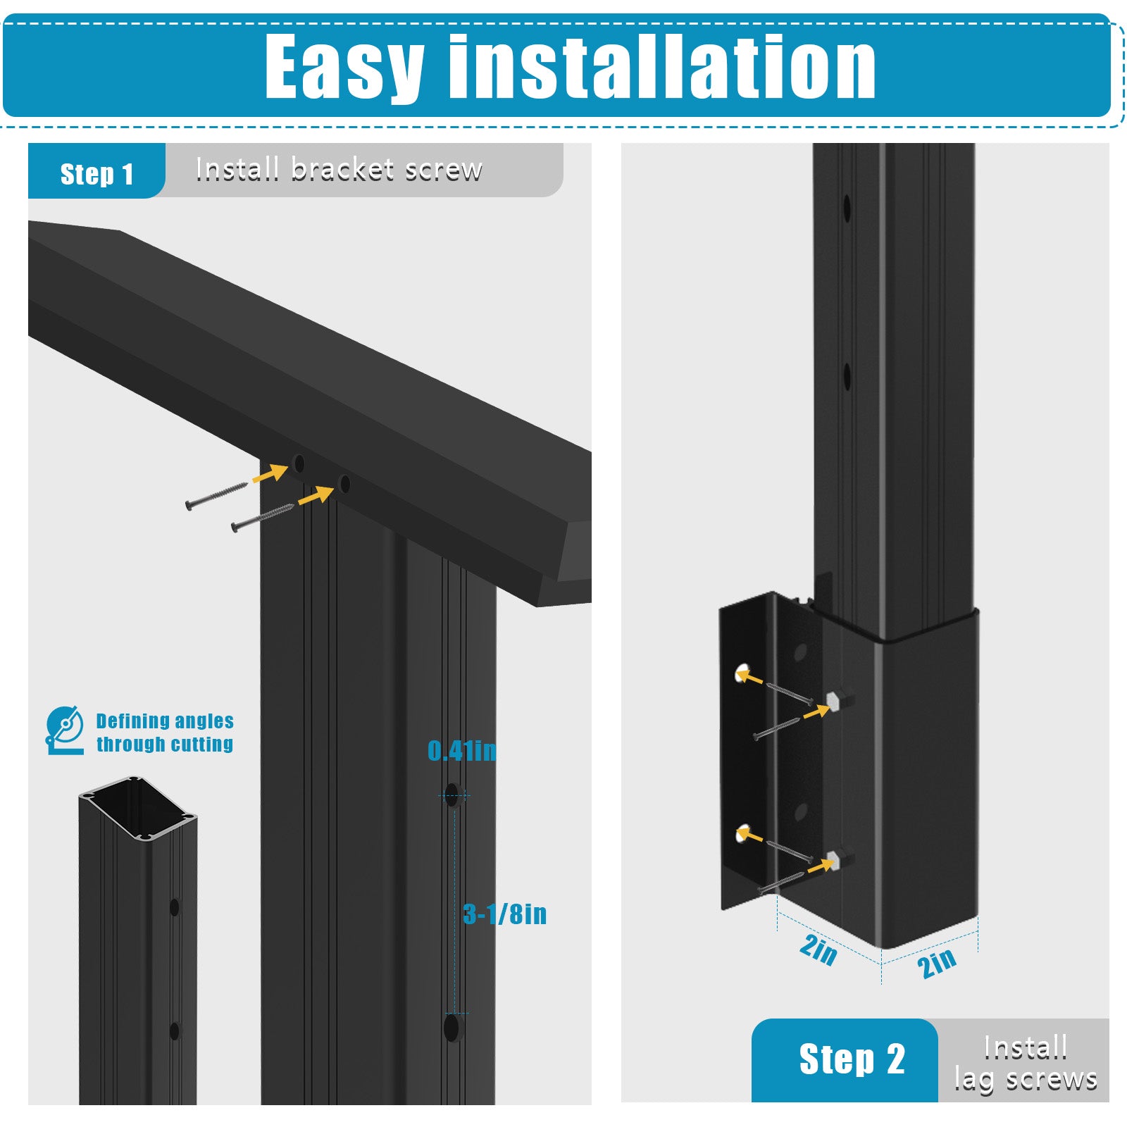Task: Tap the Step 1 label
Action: (x=96, y=174)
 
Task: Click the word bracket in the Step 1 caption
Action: (x=342, y=169)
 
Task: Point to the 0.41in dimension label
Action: (x=462, y=751)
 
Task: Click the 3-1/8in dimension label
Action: (x=505, y=914)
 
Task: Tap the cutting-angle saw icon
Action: (x=65, y=730)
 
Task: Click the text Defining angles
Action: (x=165, y=721)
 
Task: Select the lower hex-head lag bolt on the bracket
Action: (x=835, y=859)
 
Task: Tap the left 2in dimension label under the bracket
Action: (x=818, y=950)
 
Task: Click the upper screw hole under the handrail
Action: (x=299, y=463)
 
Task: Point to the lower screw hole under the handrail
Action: (x=344, y=484)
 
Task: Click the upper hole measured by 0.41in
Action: (x=452, y=795)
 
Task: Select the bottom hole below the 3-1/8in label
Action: (x=452, y=1028)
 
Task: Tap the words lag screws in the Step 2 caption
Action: (x=1026, y=1079)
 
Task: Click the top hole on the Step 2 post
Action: (x=847, y=208)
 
